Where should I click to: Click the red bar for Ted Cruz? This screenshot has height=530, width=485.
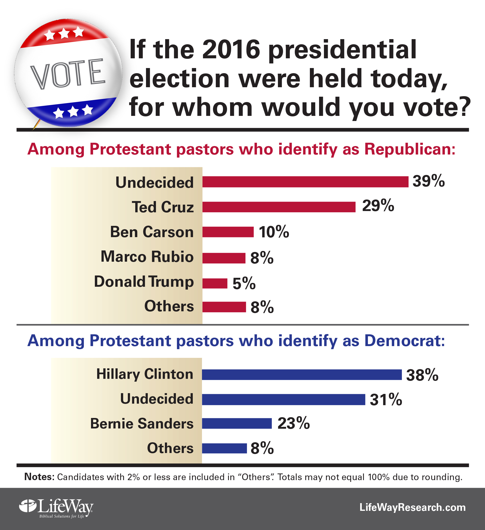279,207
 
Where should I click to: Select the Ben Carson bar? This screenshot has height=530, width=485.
228,232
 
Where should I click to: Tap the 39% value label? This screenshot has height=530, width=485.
428,181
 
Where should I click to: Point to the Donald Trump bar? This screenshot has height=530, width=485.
215,283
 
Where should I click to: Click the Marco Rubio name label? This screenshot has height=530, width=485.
147,257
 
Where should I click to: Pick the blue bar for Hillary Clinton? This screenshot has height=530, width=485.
302,374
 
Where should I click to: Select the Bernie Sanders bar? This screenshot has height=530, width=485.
237,424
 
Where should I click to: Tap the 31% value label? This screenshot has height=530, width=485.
386,400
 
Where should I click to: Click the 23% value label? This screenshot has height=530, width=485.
294,424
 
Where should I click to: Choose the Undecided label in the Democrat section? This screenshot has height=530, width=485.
157,399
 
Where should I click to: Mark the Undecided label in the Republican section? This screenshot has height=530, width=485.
154,182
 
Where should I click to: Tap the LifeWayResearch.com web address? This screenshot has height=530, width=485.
412,507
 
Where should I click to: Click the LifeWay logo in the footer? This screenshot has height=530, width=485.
56,507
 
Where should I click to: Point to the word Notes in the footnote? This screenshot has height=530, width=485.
39,477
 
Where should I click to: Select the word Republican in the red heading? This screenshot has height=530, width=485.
410,149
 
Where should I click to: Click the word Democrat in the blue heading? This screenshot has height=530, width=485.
405,341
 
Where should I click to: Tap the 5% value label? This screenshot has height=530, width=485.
244,283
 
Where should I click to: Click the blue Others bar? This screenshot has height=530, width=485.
224,448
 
